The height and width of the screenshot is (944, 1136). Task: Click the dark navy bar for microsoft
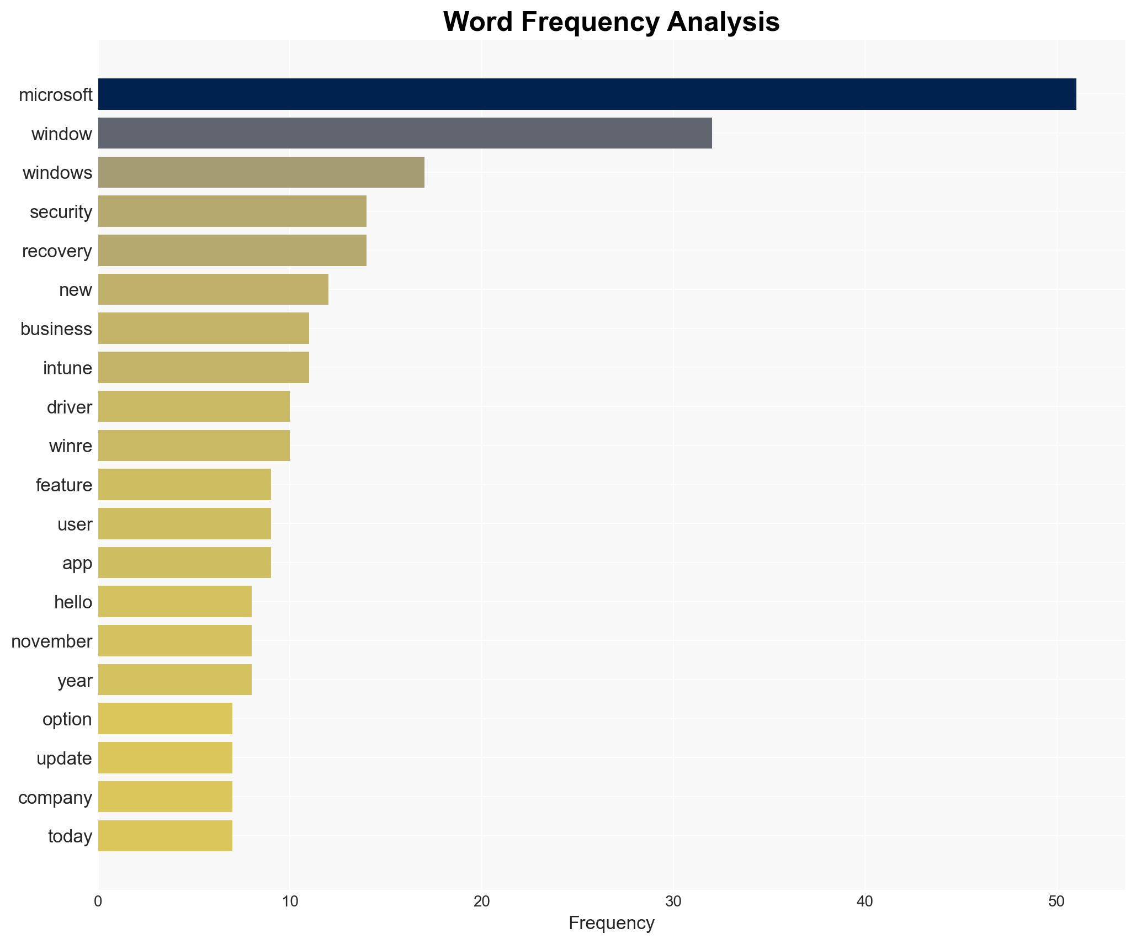tap(587, 94)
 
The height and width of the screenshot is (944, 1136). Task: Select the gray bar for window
tap(405, 133)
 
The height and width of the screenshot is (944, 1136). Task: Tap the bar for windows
tap(261, 172)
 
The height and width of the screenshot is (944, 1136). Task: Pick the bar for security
tap(232, 211)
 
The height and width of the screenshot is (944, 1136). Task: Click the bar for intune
tap(203, 368)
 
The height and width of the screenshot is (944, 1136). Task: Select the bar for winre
tap(194, 446)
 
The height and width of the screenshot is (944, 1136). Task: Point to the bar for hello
tap(174, 602)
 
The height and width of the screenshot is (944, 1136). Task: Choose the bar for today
tap(165, 836)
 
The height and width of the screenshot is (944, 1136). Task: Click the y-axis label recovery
tap(57, 251)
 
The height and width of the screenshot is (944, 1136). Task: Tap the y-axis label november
tap(51, 641)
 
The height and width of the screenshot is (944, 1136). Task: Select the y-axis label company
tap(55, 798)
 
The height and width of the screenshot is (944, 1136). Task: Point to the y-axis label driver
tap(69, 407)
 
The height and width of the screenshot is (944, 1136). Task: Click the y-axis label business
tap(56, 329)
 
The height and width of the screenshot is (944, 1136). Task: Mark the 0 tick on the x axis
tap(98, 901)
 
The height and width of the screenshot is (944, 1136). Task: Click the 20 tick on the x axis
tap(481, 901)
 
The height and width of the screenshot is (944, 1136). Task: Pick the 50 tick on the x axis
tap(1056, 901)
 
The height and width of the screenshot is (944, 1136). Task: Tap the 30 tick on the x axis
tap(673, 901)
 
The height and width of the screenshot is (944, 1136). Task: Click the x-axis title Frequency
tap(611, 923)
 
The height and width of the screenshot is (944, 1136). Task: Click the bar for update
tap(165, 758)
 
